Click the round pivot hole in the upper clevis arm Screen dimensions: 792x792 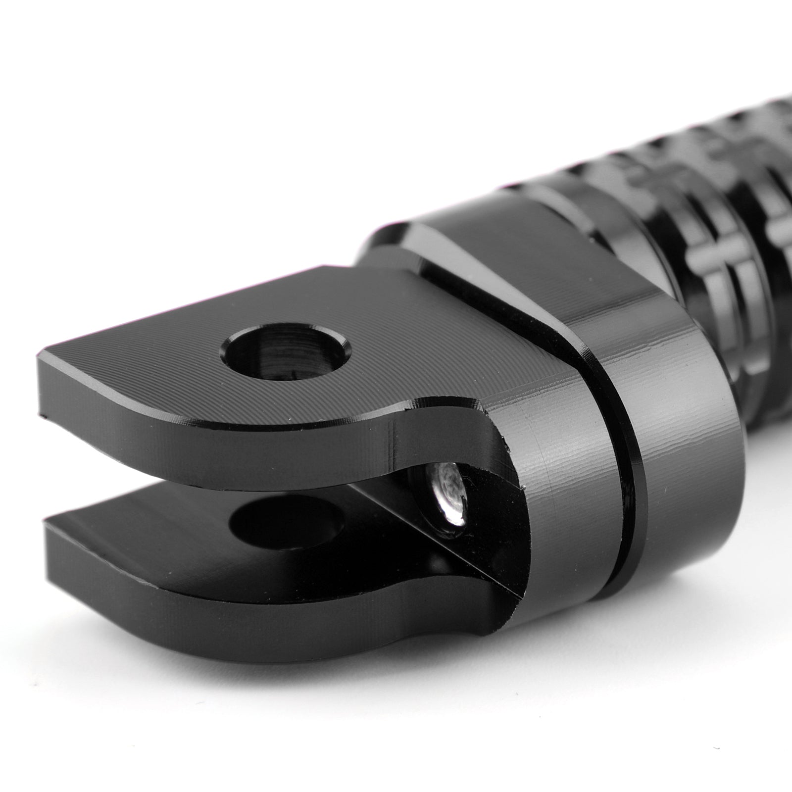click(x=286, y=354)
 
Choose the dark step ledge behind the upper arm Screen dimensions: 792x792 click(x=396, y=257)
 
